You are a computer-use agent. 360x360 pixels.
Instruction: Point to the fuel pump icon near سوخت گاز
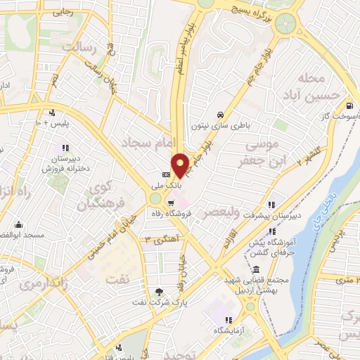(x=349, y=107)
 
